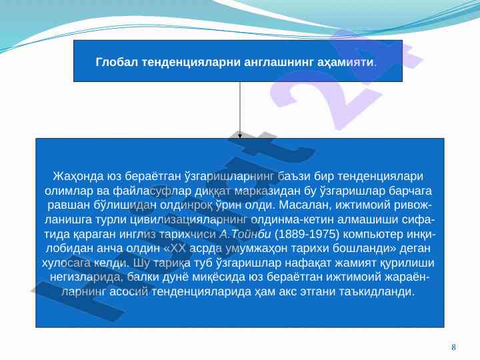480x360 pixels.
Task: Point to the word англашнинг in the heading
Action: [x=279, y=63]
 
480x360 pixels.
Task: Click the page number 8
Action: [x=453, y=347]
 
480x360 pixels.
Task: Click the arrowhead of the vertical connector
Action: [x=240, y=135]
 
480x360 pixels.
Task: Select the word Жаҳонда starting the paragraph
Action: [x=78, y=176]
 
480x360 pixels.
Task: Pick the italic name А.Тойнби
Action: [x=245, y=234]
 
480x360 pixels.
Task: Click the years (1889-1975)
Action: [x=307, y=234]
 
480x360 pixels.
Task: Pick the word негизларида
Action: [x=86, y=277]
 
